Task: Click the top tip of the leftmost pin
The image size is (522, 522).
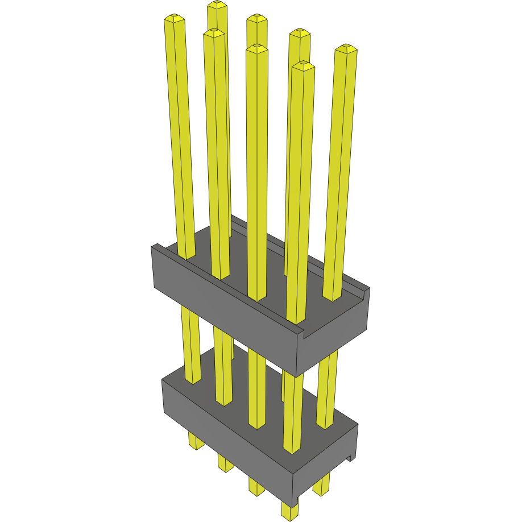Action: click(x=175, y=19)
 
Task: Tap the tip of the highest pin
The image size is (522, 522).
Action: click(x=217, y=5)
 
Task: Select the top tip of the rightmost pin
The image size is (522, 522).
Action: click(x=346, y=49)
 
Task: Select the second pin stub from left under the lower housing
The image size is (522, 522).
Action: click(x=226, y=463)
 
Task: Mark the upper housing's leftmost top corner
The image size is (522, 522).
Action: click(x=152, y=246)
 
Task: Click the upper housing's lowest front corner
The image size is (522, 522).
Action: click(x=297, y=376)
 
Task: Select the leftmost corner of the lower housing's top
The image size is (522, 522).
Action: click(x=163, y=380)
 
